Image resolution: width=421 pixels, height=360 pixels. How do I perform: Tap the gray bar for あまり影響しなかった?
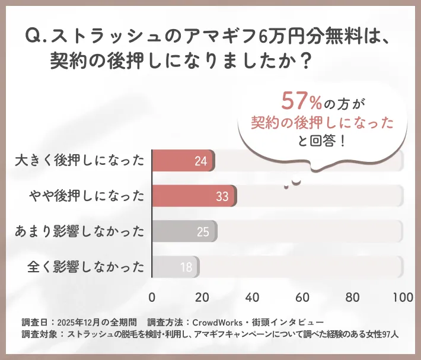[184, 231]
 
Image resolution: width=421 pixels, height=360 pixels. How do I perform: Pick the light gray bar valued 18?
[176, 267]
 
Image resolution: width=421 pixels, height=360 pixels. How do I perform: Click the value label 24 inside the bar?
[200, 161]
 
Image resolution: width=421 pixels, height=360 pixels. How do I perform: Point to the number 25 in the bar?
[203, 231]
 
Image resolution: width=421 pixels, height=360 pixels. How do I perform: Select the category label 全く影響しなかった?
[87, 267]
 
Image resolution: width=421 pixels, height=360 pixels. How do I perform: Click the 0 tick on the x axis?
[152, 297]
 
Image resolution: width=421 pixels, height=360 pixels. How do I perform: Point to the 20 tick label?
[203, 297]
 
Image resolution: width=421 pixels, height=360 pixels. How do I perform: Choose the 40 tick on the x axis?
[253, 297]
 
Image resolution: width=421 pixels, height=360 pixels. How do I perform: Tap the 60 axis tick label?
[303, 297]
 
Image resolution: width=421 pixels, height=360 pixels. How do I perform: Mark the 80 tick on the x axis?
[353, 297]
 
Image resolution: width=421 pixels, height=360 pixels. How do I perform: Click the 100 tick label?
[403, 297]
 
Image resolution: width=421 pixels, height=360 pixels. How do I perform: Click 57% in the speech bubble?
[301, 101]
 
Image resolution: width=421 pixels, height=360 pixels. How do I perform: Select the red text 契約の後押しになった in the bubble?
[322, 123]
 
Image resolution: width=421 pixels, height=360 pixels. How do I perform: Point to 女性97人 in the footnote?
[380, 334]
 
